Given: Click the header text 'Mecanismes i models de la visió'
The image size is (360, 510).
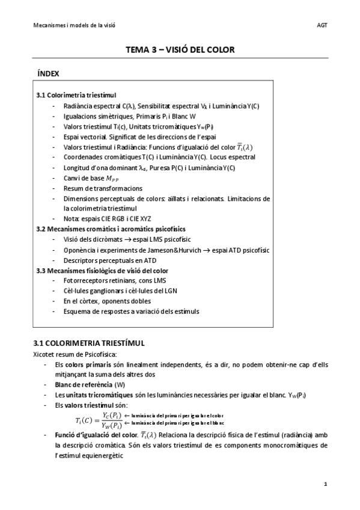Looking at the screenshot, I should (x=74, y=25).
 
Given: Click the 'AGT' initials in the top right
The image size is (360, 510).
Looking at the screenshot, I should (x=323, y=25).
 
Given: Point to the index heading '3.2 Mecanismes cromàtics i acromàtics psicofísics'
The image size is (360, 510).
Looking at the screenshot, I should (x=111, y=229).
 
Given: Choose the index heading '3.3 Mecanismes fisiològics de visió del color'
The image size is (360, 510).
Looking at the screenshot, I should (x=102, y=271).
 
